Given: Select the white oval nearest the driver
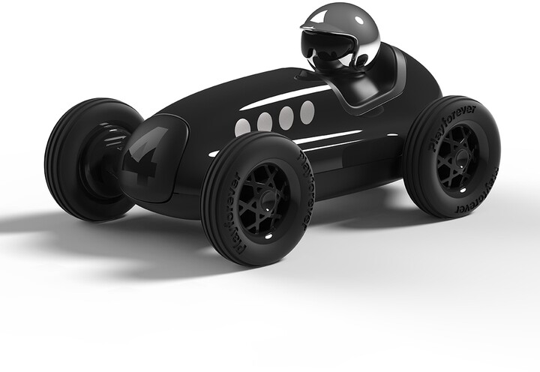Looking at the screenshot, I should coord(307,112).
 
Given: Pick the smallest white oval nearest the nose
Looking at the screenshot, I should coord(242,127).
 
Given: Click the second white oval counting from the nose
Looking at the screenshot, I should coord(265,121).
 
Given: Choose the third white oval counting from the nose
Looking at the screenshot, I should coord(286,117).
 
